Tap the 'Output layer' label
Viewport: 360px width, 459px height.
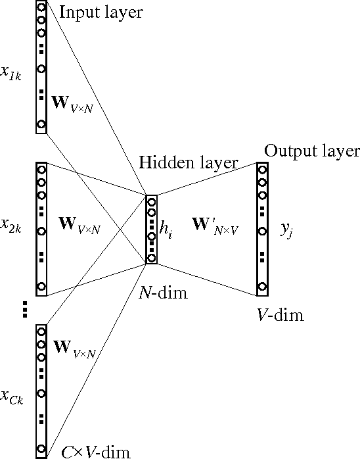pyautogui.click(x=311, y=151)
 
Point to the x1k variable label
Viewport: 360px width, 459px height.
pyautogui.click(x=12, y=73)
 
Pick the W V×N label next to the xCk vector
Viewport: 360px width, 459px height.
pyautogui.click(x=76, y=349)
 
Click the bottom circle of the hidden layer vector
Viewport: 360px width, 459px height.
pyautogui.click(x=152, y=258)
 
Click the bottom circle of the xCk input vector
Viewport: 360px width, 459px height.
pyautogui.click(x=41, y=450)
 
